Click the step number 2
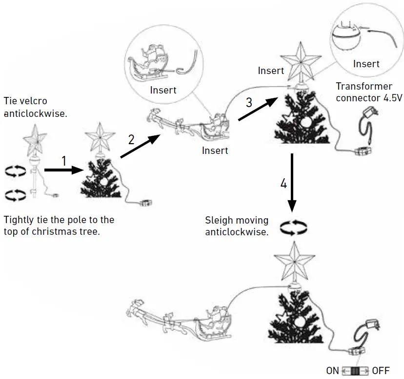[x=131, y=139]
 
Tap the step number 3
[x=249, y=102]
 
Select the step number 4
[x=283, y=184]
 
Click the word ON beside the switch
[x=332, y=370]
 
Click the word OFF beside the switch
[x=381, y=370]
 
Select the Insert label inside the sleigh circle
[x=163, y=90]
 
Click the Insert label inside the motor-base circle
[x=366, y=64]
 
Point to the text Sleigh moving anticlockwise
[x=237, y=227]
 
